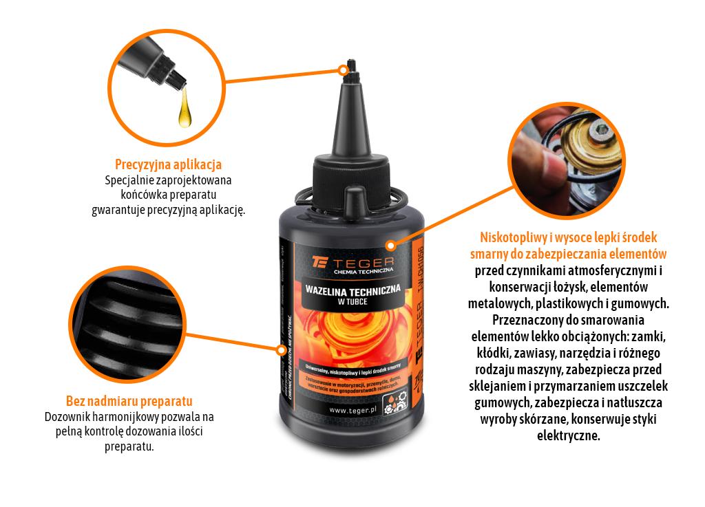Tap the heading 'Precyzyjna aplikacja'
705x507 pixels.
tap(168, 165)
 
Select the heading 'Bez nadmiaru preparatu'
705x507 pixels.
tap(129, 401)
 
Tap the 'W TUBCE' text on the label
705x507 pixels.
tap(351, 301)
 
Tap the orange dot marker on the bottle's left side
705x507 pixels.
tap(280, 349)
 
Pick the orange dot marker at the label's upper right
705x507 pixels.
tap(390, 244)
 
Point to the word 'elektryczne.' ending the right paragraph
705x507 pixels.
tap(568, 435)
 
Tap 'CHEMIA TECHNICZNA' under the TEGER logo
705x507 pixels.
tap(363, 272)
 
